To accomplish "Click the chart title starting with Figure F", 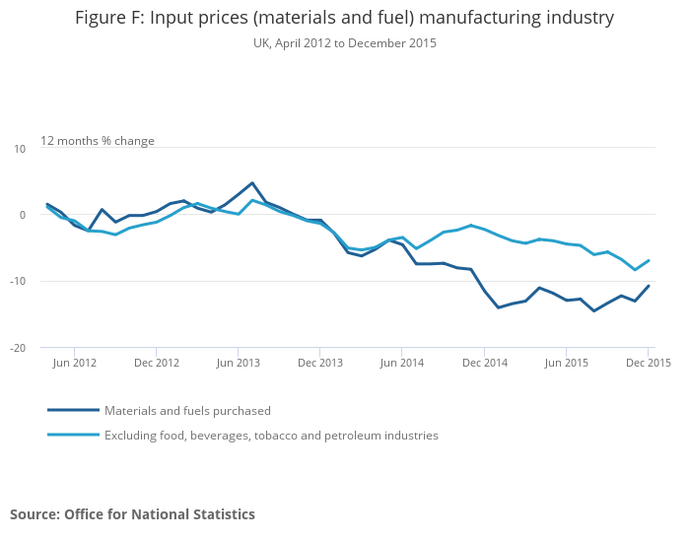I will [344, 18].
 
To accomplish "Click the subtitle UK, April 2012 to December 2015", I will [344, 43].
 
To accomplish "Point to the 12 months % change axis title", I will [98, 141].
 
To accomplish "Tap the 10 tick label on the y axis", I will [20, 148].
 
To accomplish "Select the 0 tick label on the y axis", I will [22, 215].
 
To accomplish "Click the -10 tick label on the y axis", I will [18, 281].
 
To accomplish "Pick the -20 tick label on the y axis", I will [18, 348].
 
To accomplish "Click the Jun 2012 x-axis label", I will [74, 363].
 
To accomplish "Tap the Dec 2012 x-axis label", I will [156, 363].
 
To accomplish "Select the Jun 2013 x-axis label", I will [238, 363].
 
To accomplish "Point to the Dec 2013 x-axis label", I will [320, 363].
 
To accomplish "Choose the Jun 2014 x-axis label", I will [402, 363].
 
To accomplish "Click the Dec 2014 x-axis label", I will [484, 363].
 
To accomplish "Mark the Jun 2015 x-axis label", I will [567, 363].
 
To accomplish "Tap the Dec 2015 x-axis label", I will [648, 363].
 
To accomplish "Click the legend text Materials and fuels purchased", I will [187, 410].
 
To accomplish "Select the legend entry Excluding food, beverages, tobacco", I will [271, 435].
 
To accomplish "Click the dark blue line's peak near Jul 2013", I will [252, 183].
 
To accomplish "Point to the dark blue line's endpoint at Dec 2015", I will [649, 286].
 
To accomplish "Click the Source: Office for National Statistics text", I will [132, 514].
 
